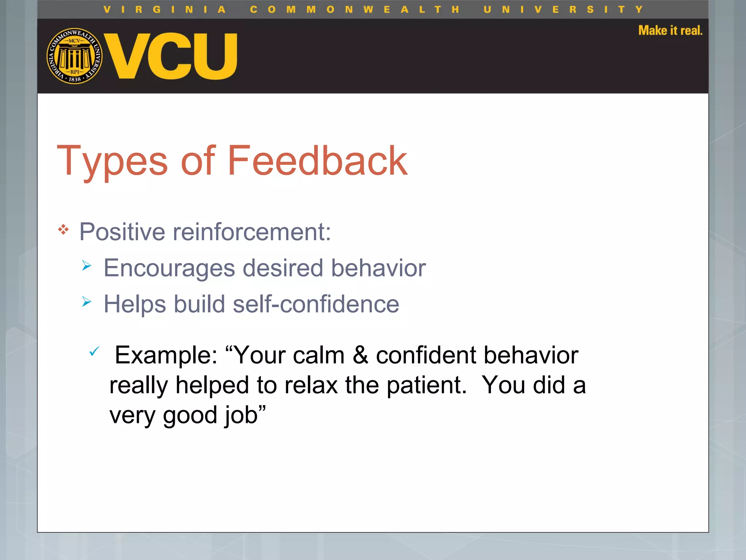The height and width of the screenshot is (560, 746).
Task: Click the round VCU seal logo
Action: coord(74,56)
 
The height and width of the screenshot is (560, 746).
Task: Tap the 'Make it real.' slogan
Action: coord(670,31)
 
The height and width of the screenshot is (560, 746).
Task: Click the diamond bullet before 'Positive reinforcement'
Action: coord(63,230)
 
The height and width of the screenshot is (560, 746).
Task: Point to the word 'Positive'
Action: coord(122,232)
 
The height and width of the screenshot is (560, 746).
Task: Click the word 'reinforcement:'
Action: coord(252,232)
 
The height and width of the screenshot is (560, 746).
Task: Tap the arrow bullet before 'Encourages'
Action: coord(86,265)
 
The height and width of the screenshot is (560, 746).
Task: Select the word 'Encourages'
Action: coord(169,268)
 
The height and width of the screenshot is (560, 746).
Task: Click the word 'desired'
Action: coord(283,268)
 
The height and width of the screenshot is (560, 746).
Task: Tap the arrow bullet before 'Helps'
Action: coord(86,302)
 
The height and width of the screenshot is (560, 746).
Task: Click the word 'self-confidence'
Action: coord(316,304)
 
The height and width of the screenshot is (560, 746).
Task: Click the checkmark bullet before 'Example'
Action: coord(94,351)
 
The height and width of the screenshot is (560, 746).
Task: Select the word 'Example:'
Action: coord(166,355)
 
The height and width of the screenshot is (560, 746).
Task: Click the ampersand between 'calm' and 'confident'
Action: coord(360,355)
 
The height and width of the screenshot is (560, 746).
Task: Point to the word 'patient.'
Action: coord(426,385)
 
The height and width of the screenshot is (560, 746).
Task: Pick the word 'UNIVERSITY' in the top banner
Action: coord(563,9)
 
